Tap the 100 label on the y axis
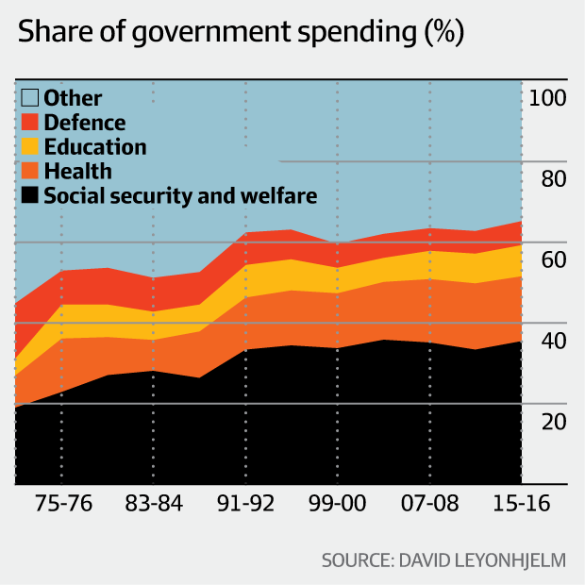click(x=547, y=97)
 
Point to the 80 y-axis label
click(x=547, y=178)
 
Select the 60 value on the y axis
click(x=547, y=259)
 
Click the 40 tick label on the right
click(x=547, y=340)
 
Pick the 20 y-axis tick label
click(x=547, y=421)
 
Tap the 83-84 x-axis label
click(x=153, y=504)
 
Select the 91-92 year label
click(x=245, y=504)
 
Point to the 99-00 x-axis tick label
click(x=337, y=504)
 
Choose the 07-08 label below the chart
click(x=429, y=504)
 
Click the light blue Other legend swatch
click(x=30, y=97)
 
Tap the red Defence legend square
click(x=30, y=122)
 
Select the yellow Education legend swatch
click(x=30, y=146)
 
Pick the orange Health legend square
click(x=30, y=171)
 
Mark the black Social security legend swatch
click(x=30, y=196)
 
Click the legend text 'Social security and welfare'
click(x=180, y=196)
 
